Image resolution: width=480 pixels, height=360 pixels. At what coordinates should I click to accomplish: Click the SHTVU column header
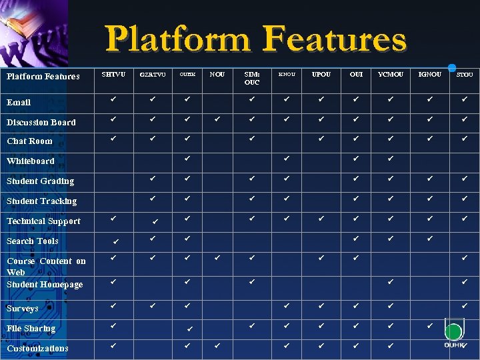coord(113,74)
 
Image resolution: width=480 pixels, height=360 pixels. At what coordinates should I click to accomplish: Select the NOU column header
coord(217,74)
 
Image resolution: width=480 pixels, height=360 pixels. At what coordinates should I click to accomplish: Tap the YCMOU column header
coord(390,74)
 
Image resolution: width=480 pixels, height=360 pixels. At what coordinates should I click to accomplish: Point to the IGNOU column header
coord(429,74)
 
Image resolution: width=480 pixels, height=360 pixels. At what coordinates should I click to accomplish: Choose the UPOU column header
coord(321,74)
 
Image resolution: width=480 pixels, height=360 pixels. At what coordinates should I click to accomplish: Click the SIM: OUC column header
coord(252,78)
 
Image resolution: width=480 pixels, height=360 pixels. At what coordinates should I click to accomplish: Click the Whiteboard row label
coord(31,161)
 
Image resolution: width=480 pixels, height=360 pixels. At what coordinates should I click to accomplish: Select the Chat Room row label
coord(29,141)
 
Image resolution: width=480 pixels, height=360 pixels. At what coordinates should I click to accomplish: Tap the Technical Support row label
coord(43,221)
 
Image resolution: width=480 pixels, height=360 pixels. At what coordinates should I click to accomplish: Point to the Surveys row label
coord(23,309)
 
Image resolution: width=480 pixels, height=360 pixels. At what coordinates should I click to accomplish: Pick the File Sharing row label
coord(31,329)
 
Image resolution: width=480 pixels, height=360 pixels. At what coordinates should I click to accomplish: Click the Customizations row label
coord(37,349)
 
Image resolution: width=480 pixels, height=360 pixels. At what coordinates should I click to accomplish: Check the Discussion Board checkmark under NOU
coord(217,121)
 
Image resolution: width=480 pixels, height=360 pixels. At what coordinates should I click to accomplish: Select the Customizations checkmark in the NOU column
coord(217,346)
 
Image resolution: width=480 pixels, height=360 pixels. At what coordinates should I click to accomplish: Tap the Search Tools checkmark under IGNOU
coord(430,238)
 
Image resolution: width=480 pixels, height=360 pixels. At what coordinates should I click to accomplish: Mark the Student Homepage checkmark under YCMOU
coord(390,281)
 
